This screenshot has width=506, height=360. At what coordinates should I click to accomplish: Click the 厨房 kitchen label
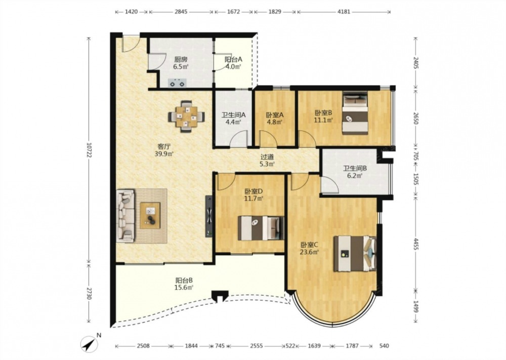coord(181,59)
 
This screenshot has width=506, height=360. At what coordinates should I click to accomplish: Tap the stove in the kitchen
coord(177,84)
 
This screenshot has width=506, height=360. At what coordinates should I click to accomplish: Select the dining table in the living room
coord(187,116)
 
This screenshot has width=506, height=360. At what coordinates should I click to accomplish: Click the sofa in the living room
coord(125,216)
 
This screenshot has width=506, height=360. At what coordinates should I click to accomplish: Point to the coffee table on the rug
coord(150,215)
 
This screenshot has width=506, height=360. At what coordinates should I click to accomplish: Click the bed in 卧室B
coord(355,113)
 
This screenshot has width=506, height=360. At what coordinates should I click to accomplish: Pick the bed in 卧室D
coord(261,228)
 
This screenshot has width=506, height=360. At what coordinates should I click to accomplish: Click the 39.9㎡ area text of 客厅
coord(164,154)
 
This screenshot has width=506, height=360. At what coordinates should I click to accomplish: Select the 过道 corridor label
coord(267,157)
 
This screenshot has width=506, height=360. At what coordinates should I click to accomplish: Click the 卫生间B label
coord(355,168)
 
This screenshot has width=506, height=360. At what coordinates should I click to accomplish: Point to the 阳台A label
coord(233,59)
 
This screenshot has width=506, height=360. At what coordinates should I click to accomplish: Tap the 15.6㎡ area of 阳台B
coord(184,288)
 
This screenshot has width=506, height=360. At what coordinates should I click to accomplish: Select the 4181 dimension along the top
coord(344,12)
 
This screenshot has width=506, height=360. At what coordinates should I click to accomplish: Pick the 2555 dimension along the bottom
coord(257,346)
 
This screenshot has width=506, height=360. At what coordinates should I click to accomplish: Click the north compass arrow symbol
coord(90,344)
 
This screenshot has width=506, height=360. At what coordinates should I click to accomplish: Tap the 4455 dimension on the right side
coord(416,244)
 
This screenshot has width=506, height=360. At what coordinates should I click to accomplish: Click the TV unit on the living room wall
coord(209,216)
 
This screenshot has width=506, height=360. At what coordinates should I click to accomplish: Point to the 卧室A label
coord(275,114)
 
